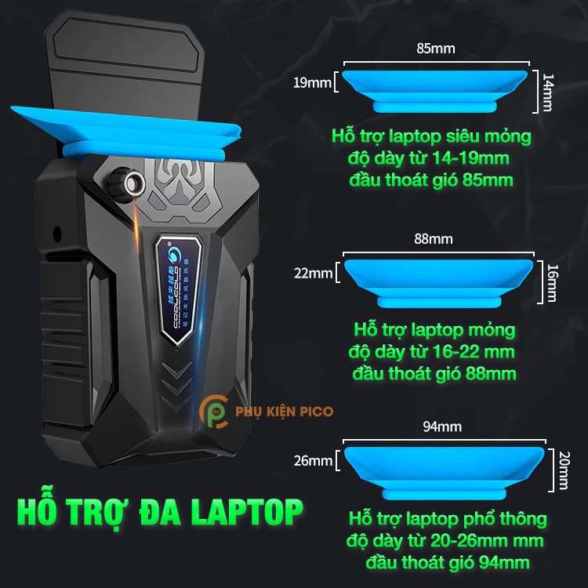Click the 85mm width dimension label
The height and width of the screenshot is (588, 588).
pyautogui.click(x=437, y=49)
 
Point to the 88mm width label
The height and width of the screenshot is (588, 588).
pyautogui.click(x=437, y=238)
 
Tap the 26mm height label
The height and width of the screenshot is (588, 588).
pyautogui.click(x=314, y=461)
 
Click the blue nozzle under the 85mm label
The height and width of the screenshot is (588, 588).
pyautogui.click(x=434, y=89)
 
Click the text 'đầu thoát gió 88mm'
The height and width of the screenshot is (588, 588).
pyautogui.click(x=435, y=371)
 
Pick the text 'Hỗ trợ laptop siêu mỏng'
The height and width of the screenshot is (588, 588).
pyautogui.click(x=430, y=137)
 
